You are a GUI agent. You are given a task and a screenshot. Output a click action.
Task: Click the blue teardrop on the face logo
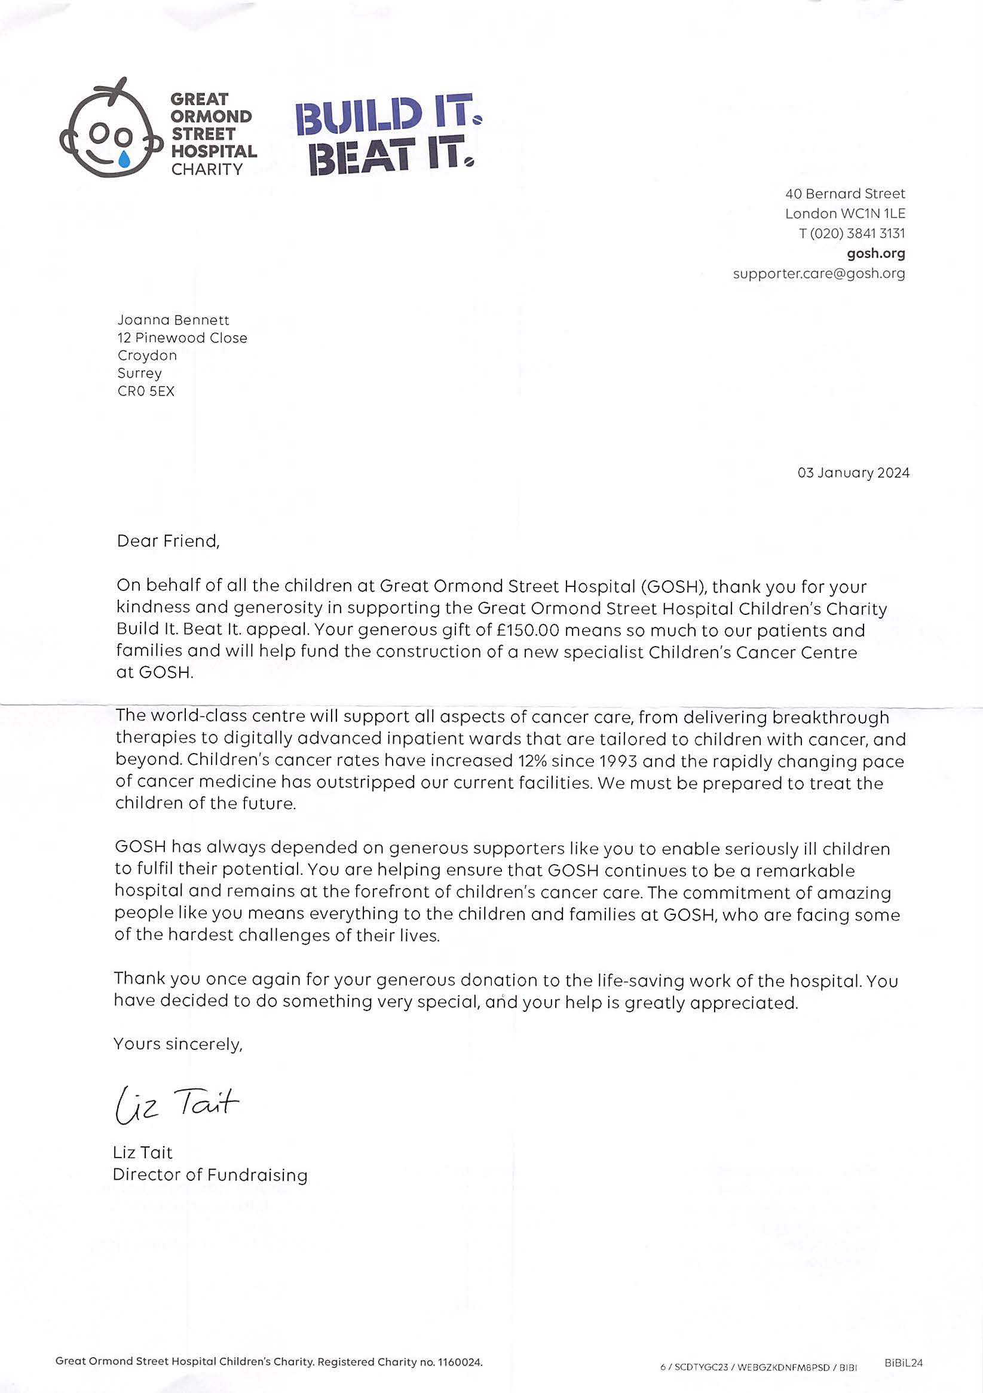(x=124, y=158)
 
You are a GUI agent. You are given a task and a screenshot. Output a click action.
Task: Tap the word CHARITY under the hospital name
(x=207, y=169)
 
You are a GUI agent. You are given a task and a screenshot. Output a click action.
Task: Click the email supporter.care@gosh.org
(x=819, y=274)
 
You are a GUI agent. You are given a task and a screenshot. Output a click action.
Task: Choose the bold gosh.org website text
(x=875, y=253)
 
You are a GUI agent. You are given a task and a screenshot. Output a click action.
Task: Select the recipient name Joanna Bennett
(x=173, y=320)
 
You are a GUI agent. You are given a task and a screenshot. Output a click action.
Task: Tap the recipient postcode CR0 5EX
(x=146, y=391)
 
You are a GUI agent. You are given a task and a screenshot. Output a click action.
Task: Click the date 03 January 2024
(x=853, y=473)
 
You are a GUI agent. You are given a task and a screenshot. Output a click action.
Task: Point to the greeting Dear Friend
(x=168, y=541)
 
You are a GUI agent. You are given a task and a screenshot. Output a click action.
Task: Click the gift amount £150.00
(x=527, y=630)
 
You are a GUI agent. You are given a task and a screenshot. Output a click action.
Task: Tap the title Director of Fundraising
(x=210, y=1175)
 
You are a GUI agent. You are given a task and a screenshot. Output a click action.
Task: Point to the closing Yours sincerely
(x=178, y=1044)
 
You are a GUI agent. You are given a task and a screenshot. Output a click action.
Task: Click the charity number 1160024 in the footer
(x=460, y=1362)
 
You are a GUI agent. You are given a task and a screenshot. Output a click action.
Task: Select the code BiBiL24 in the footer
(x=903, y=1363)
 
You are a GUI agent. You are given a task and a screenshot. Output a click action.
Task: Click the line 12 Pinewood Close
(x=183, y=338)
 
